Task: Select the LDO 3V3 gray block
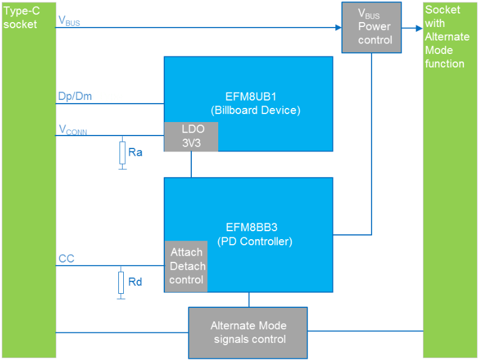191,136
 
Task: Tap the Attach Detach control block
186,266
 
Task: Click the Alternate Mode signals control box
248,332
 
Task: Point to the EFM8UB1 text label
248,96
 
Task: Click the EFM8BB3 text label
248,228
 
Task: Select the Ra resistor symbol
123,152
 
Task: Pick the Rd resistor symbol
123,282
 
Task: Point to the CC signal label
66,259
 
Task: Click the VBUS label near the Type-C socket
69,20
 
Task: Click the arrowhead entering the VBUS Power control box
338,27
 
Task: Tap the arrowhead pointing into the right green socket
419,27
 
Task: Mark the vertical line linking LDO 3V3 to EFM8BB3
191,164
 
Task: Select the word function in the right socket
444,64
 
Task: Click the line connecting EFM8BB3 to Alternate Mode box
248,299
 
